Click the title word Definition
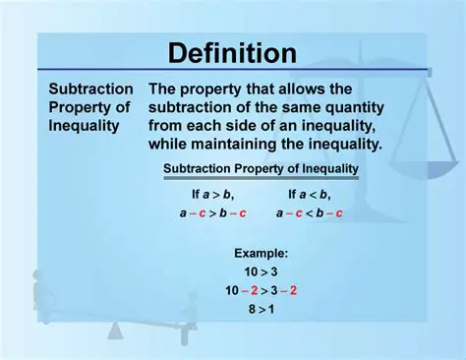coord(232,52)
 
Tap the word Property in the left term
coord(79,107)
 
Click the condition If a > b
coord(212,194)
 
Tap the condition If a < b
coord(309,194)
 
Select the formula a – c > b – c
coord(212,211)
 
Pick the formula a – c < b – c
coord(309,211)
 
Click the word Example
coord(260,253)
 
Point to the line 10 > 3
coord(260,270)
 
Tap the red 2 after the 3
coord(293,289)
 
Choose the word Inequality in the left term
coord(85,126)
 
